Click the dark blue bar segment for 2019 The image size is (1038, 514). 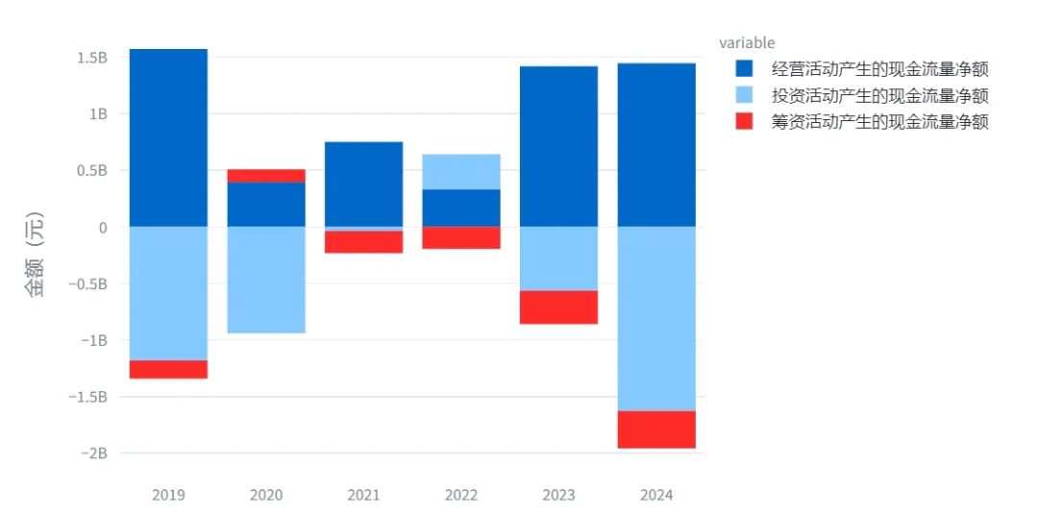(x=168, y=137)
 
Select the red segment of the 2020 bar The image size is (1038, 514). (x=266, y=175)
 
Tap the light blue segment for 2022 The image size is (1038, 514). (x=461, y=172)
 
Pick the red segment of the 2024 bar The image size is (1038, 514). (x=656, y=429)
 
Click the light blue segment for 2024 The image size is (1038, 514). (x=656, y=319)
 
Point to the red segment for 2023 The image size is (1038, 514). (x=558, y=306)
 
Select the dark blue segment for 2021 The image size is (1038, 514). (x=363, y=184)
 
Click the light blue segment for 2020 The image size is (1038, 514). (x=266, y=280)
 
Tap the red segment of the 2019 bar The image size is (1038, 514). (x=168, y=369)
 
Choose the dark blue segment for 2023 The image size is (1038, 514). (x=558, y=146)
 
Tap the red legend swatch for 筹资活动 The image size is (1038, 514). (x=744, y=122)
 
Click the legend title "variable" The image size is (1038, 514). (x=747, y=43)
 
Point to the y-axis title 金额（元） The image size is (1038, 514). (x=37, y=255)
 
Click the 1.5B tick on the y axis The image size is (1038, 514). (x=92, y=58)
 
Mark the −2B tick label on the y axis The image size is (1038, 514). (x=93, y=453)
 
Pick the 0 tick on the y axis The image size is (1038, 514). (x=103, y=227)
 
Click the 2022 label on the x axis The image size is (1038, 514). (x=461, y=495)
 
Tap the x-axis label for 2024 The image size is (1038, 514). (x=656, y=495)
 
